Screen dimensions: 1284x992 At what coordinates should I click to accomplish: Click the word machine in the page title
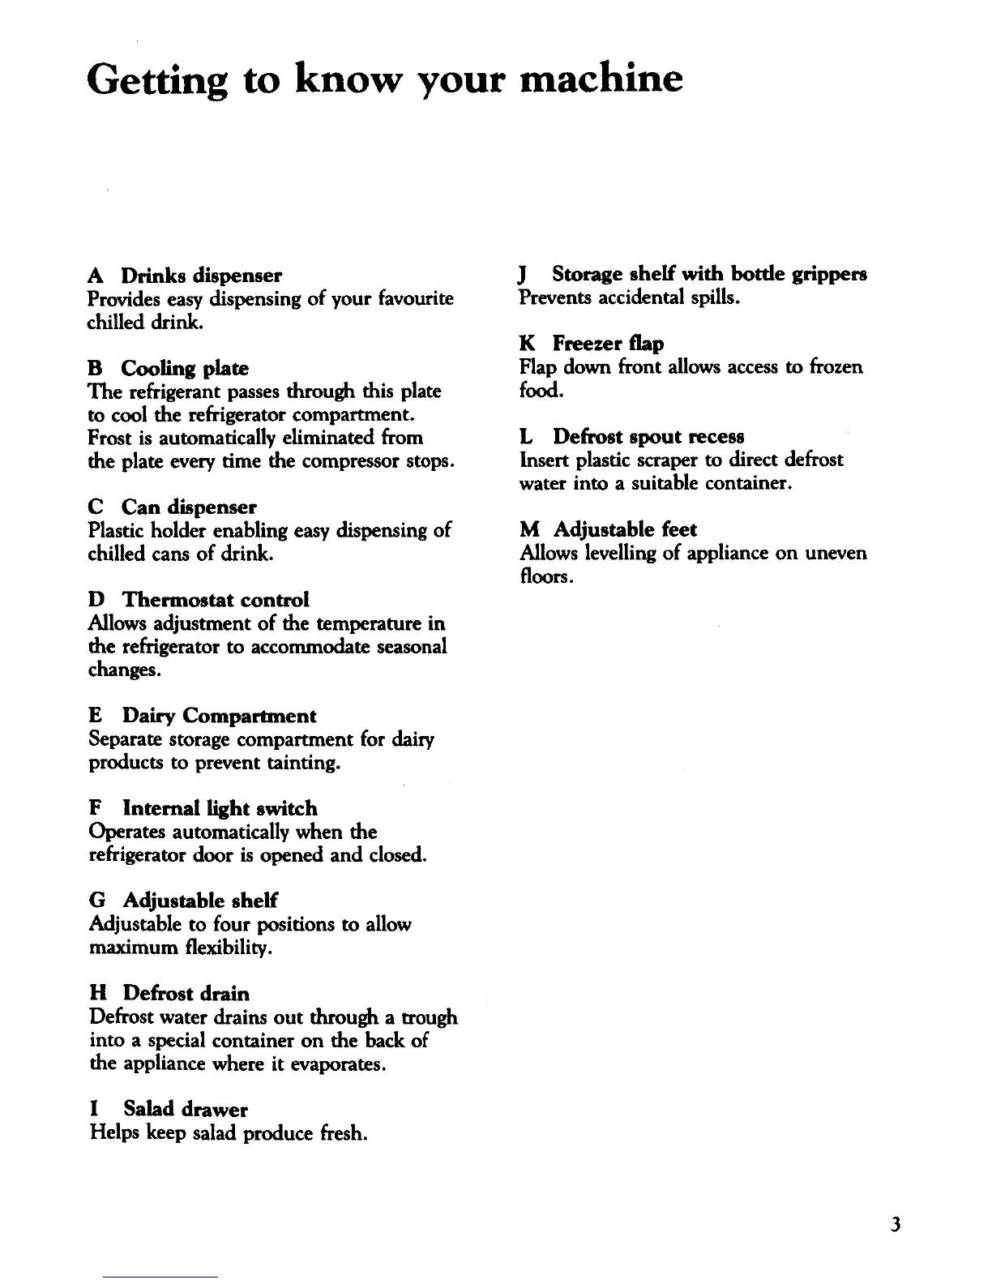(x=600, y=78)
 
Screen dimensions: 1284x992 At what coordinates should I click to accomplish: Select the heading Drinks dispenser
(x=202, y=275)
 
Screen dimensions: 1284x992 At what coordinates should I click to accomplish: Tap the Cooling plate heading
(x=185, y=368)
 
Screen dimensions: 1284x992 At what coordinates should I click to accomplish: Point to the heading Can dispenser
(x=189, y=507)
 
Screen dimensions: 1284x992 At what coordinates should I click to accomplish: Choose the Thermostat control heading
(x=216, y=600)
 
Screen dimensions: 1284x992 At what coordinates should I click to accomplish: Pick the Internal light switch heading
(x=220, y=808)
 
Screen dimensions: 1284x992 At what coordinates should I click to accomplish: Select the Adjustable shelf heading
(x=200, y=901)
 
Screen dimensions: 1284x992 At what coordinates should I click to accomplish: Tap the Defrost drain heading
(x=186, y=993)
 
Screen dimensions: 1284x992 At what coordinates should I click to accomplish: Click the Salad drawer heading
(x=186, y=1109)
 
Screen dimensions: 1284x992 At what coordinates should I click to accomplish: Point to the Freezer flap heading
(x=608, y=344)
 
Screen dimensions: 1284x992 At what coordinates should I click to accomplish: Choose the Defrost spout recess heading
(x=648, y=437)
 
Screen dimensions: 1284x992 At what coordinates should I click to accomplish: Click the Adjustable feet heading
(x=625, y=530)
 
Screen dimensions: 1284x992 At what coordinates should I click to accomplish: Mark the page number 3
(x=895, y=1225)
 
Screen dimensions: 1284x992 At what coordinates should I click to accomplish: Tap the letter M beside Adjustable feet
(x=529, y=530)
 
